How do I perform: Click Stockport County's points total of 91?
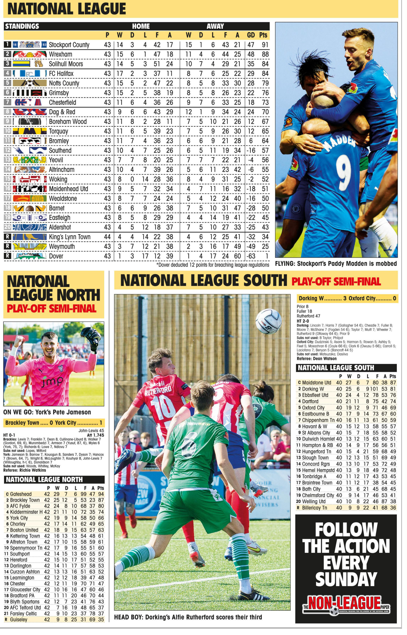(x=265, y=45)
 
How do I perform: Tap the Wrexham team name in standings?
(x=61, y=54)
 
